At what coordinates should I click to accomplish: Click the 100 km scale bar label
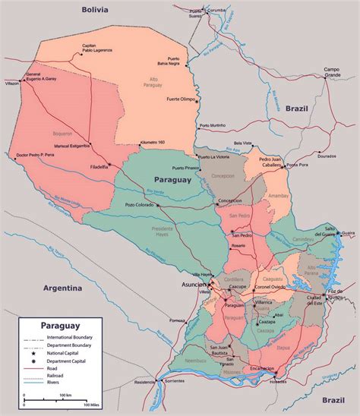[x=65, y=395]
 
